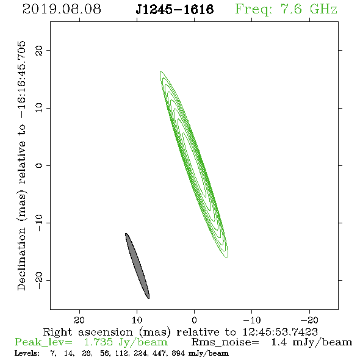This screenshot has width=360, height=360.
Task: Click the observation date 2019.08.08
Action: point(62,9)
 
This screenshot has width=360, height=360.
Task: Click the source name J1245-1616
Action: point(175,9)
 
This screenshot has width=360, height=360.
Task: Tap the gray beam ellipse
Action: point(137,266)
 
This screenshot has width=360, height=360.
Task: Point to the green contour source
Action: point(194,165)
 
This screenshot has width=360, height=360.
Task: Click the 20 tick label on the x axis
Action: point(79,320)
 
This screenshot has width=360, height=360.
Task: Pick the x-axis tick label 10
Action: point(137,320)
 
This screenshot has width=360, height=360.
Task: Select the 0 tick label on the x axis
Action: point(194,320)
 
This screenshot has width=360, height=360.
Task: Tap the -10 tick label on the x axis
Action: point(252,320)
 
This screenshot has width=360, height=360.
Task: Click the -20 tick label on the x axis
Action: point(309,320)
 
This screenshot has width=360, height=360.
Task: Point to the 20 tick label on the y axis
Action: point(39,50)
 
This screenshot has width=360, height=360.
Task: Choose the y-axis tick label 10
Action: point(39,108)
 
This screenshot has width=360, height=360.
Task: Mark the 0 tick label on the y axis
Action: point(39,165)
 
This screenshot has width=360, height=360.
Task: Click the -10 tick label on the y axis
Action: point(39,223)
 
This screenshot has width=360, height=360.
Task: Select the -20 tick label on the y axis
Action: point(39,280)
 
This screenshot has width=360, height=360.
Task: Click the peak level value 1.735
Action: point(98,342)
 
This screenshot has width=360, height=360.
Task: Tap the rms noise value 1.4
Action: point(279,342)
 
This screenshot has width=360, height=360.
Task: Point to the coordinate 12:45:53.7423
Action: point(280,332)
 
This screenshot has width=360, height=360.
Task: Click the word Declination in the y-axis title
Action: point(21,259)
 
